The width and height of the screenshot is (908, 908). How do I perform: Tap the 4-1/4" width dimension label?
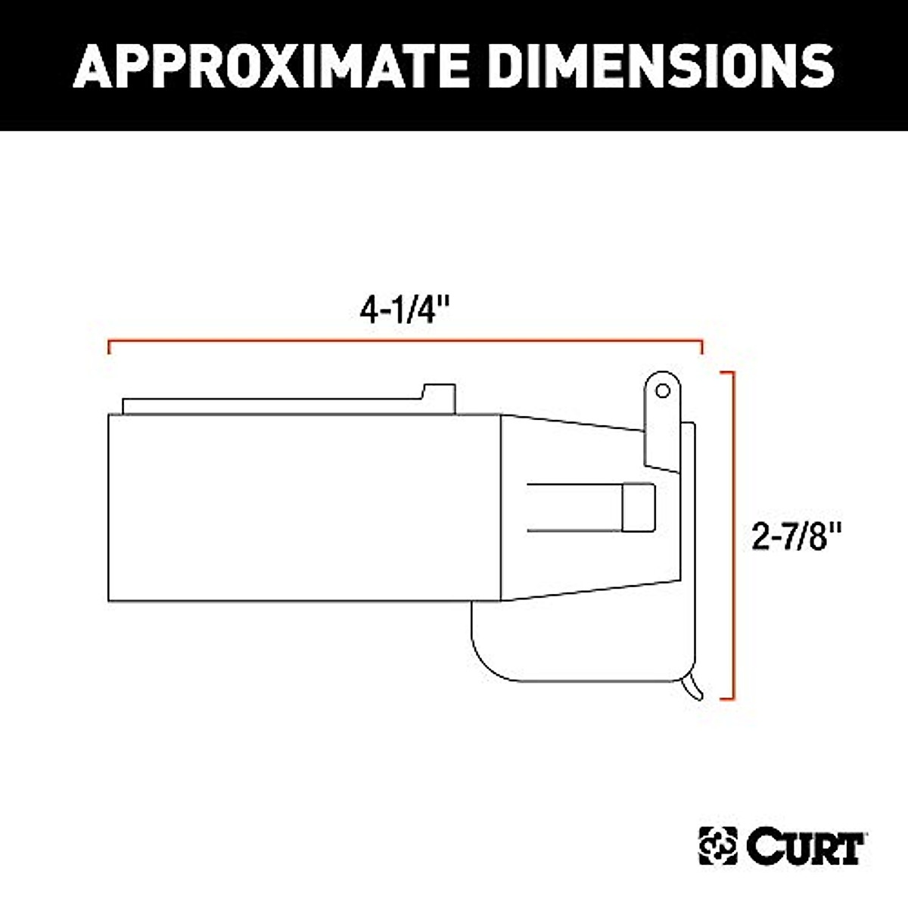coord(405,310)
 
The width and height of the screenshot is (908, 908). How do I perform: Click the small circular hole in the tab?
coord(663,390)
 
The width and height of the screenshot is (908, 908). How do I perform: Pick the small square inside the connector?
coord(639,507)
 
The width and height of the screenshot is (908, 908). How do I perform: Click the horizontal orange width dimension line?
coord(405,342)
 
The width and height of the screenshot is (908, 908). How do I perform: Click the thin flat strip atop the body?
coord(272,406)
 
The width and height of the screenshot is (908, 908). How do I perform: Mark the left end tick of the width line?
coord(110,348)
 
